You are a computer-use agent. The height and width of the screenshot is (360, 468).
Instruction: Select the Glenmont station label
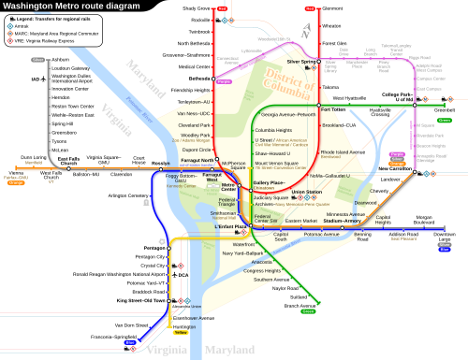coord(331,8)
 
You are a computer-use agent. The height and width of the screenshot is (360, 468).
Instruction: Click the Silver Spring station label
coord(301,62)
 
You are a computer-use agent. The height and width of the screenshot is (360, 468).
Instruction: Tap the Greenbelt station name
coord(444,109)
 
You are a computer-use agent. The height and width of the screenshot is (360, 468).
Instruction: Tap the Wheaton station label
coord(332,26)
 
